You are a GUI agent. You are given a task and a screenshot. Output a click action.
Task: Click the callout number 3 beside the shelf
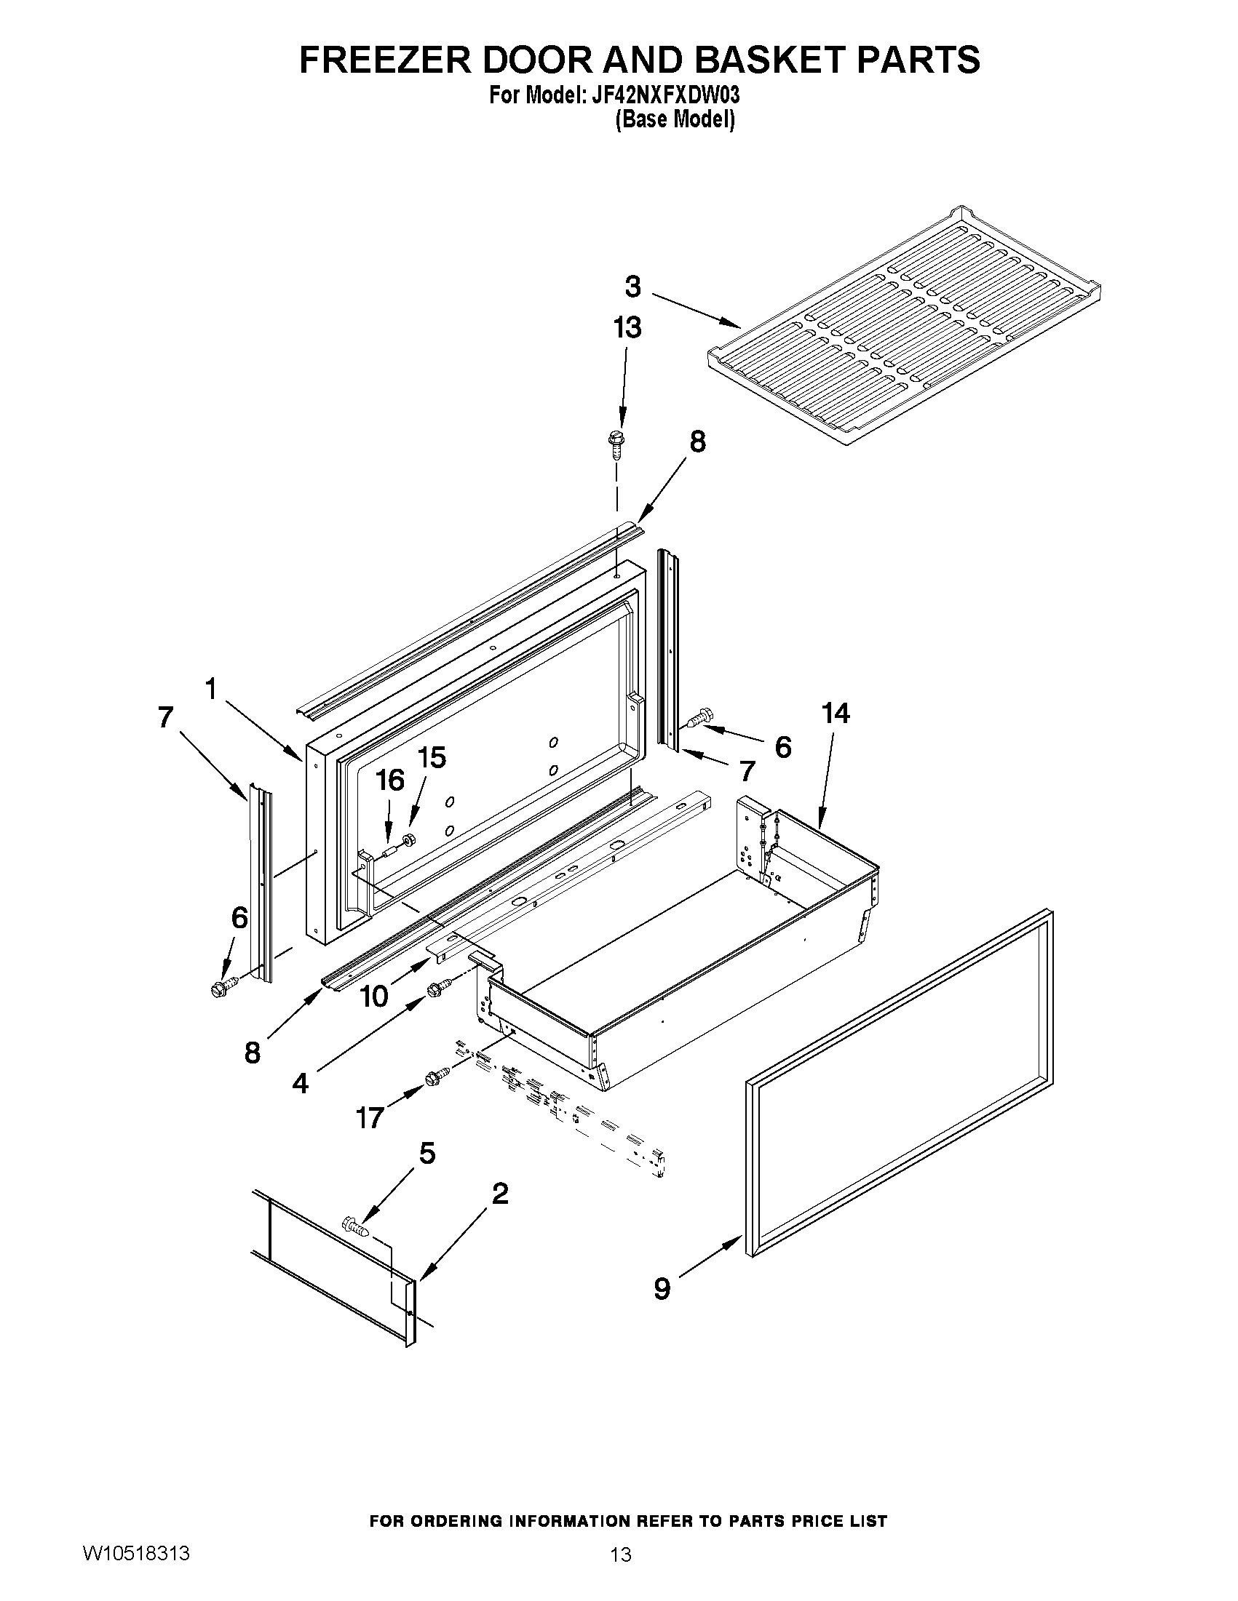click(632, 287)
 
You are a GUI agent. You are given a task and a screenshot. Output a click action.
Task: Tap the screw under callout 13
click(614, 444)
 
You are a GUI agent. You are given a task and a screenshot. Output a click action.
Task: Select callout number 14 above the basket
click(836, 713)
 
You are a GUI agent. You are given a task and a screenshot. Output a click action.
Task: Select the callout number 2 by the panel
click(499, 1195)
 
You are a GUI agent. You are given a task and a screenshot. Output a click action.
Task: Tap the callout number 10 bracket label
click(374, 996)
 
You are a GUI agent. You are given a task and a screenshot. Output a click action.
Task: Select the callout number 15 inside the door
click(432, 757)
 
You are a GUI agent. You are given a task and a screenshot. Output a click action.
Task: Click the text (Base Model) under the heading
click(674, 119)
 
